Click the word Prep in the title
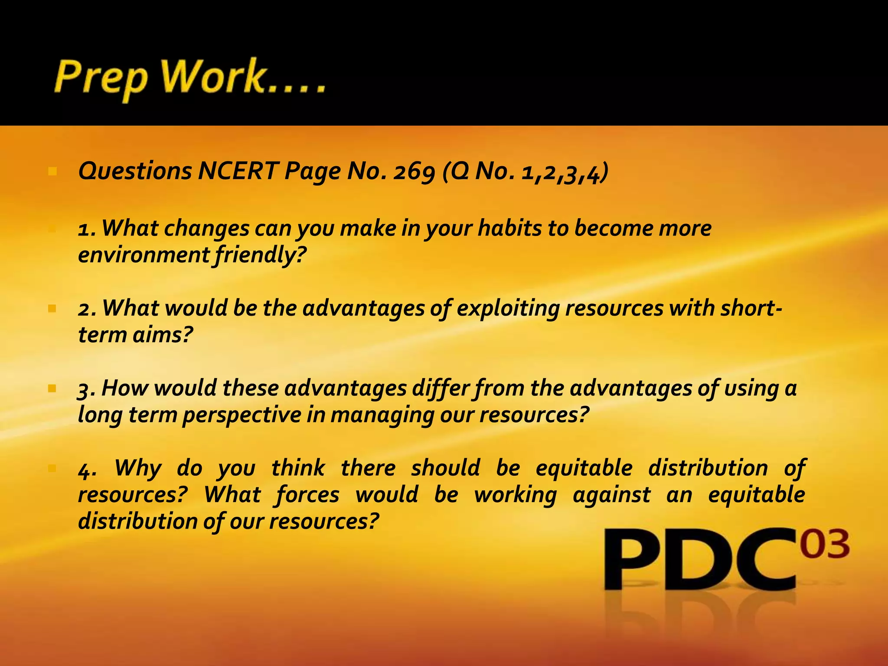(x=101, y=78)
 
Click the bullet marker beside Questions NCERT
(x=52, y=172)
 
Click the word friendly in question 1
(x=260, y=255)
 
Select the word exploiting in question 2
(x=508, y=308)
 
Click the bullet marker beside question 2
(x=52, y=309)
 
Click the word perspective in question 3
(x=242, y=415)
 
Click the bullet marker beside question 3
(x=52, y=388)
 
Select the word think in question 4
(x=298, y=468)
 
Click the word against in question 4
(x=611, y=495)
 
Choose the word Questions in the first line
(x=135, y=171)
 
